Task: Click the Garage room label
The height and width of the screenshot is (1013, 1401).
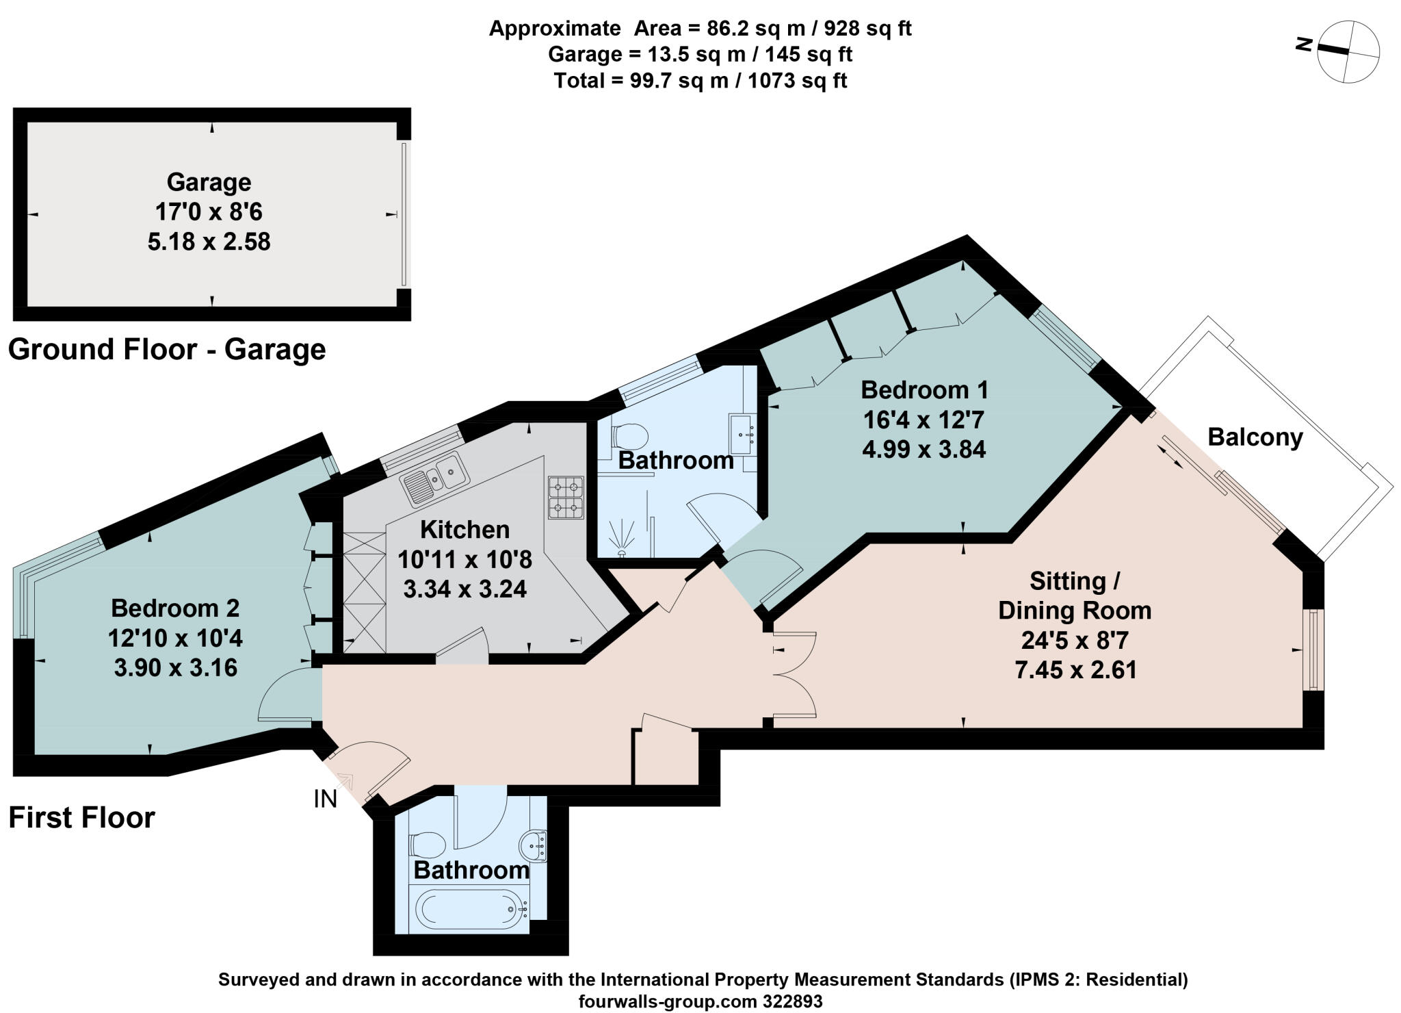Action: (209, 182)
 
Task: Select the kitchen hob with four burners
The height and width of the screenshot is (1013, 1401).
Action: (566, 498)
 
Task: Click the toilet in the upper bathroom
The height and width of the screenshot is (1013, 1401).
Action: (629, 435)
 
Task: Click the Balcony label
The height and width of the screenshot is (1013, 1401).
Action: (1255, 437)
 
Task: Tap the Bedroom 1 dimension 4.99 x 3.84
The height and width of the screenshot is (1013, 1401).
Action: (924, 449)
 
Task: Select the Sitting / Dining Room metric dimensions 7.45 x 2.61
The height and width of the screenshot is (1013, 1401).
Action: (1075, 669)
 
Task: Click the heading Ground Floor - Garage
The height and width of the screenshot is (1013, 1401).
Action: (167, 350)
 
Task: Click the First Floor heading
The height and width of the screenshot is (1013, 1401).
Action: (82, 817)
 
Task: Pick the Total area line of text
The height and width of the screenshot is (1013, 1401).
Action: (700, 81)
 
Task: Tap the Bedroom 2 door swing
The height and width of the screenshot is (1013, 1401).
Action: (287, 695)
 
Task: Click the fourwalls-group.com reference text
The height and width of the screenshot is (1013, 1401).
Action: (700, 1001)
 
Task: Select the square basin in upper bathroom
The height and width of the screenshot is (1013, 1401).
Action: (743, 433)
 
